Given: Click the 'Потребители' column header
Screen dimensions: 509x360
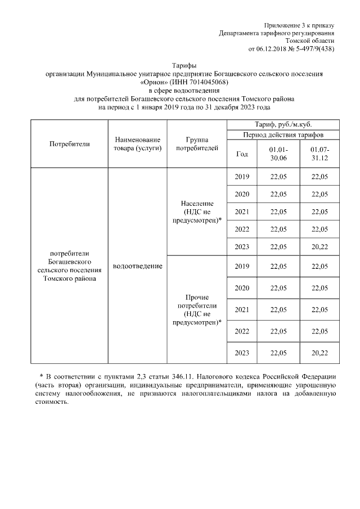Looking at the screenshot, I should coord(70,143).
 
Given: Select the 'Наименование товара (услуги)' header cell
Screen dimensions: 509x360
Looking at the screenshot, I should coord(137,143).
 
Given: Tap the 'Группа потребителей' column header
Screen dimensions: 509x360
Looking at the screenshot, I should coord(197,143).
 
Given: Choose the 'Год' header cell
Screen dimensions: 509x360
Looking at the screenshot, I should coord(242,154).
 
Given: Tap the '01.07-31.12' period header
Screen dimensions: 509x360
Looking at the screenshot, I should coord(320,154).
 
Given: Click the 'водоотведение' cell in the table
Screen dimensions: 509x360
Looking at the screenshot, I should coord(137,265).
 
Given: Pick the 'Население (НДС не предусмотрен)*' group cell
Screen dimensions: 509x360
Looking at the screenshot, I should coord(197,211).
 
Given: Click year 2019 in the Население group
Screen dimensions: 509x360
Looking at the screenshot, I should coord(242,177).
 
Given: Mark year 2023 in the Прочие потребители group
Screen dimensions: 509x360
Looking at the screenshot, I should coord(242,353).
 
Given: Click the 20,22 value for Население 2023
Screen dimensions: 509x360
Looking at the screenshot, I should coord(320,247).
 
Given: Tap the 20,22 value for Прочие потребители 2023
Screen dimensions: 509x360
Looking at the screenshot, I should coord(320,353).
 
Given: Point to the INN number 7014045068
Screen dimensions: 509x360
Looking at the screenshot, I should coord(208,82).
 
